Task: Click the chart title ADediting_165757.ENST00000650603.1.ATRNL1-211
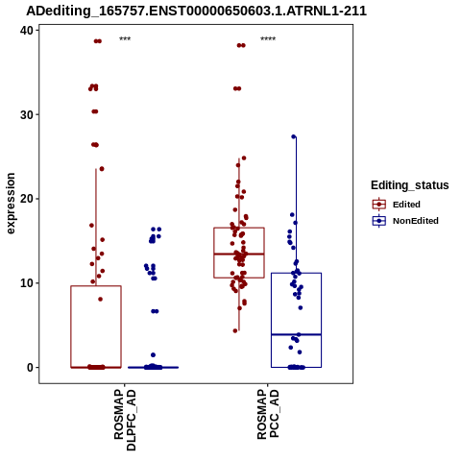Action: [x=196, y=11]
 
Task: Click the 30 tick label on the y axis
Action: [x=27, y=114]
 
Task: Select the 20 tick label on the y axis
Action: [x=27, y=199]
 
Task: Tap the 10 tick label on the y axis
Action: [x=27, y=283]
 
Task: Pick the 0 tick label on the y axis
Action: [x=30, y=368]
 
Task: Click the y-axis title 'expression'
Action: [x=11, y=204]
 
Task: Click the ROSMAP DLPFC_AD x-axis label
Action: [x=125, y=420]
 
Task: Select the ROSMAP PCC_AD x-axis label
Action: [x=268, y=414]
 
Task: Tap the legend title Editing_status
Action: [x=410, y=185]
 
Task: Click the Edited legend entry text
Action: [x=406, y=205]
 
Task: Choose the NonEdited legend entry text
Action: [x=416, y=221]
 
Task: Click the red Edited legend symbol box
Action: [x=379, y=205]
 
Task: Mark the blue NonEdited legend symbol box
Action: [x=379, y=221]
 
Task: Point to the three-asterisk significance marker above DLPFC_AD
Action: [x=125, y=39]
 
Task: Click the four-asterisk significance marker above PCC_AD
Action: [x=268, y=39]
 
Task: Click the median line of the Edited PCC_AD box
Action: [x=239, y=254]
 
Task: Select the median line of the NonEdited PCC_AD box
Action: [x=296, y=334]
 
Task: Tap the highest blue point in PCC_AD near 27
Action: [x=294, y=136]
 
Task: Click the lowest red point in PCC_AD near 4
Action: [x=235, y=330]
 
